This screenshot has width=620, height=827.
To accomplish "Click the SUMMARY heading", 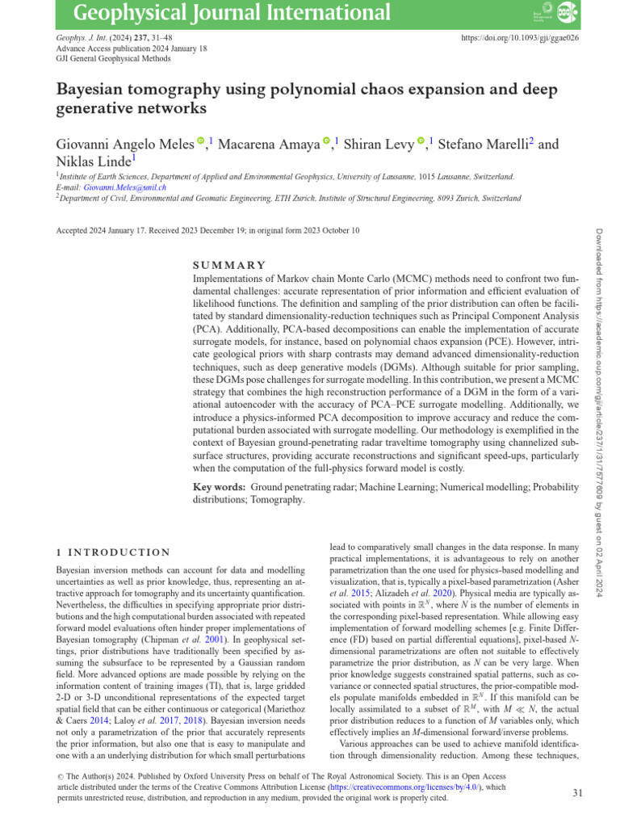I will coord(228,265).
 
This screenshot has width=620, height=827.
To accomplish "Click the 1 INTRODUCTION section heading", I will coord(112,552).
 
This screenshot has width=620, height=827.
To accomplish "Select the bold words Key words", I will coord(219,488).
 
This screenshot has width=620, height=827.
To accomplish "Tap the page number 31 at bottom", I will coord(577,793).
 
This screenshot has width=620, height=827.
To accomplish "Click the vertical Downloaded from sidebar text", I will coord(603,323).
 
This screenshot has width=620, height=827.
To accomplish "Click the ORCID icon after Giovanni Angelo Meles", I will coord(201,143).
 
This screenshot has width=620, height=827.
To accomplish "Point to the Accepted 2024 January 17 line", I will coord(207,231).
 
